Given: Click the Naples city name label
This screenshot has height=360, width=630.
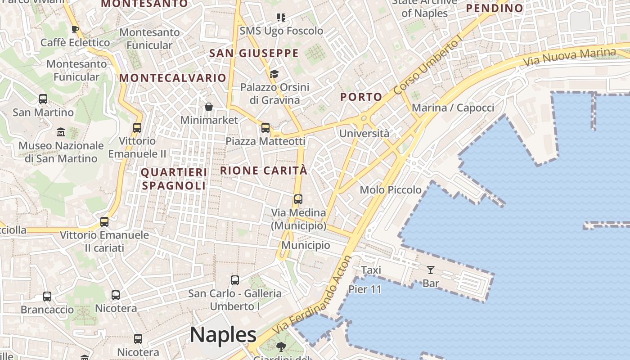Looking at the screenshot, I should (223, 335).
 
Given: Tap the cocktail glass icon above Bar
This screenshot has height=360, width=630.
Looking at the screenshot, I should (431, 270).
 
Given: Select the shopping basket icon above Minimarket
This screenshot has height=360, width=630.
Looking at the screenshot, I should (209, 107).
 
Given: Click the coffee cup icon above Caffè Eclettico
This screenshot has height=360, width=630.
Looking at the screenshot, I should (75, 30).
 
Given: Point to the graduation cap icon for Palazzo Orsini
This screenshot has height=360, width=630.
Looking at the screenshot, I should (274, 74).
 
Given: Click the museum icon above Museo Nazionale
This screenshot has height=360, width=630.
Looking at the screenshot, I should (61, 132).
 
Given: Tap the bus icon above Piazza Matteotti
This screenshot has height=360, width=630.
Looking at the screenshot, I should (265, 128).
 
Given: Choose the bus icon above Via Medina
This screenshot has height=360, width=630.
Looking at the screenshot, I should (298, 199).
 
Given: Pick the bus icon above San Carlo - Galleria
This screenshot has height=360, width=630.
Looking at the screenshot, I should (235, 280).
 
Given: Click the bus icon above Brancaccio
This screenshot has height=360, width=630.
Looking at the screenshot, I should (47, 297).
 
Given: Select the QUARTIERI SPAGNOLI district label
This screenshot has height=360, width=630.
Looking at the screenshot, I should (174, 179).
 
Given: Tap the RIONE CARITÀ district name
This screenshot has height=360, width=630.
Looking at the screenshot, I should (264, 171).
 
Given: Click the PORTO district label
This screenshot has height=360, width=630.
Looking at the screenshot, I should (361, 97).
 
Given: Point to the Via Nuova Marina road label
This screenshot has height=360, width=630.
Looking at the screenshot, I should (578, 56).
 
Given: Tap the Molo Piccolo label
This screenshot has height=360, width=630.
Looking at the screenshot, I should (391, 190).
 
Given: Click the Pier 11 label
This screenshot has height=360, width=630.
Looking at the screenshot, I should (365, 289).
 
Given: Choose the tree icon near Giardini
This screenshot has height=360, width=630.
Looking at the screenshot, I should (281, 347).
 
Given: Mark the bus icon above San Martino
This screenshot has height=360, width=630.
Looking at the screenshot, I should (43, 99).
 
